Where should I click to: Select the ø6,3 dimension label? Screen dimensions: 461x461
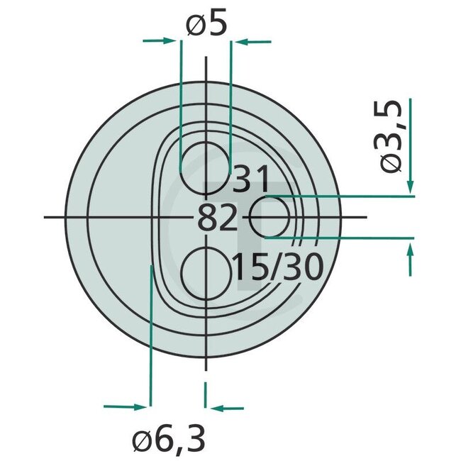point(170,440)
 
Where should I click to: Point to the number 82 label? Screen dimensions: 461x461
point(217,219)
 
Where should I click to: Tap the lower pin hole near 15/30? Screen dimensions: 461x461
point(206,272)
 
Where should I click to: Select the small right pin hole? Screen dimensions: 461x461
point(270,218)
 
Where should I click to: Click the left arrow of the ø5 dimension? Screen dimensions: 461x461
point(160,40)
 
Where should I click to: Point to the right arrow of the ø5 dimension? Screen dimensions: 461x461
point(252,42)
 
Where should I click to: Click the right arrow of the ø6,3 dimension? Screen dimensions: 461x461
point(227,408)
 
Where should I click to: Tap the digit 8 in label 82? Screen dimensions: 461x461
point(207,219)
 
